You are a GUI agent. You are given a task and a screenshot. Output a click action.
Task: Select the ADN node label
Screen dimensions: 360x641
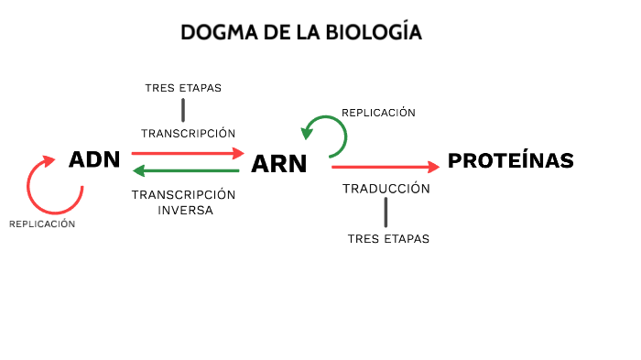pyautogui.click(x=94, y=159)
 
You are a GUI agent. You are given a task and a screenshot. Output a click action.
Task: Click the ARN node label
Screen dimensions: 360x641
pyautogui.click(x=278, y=164)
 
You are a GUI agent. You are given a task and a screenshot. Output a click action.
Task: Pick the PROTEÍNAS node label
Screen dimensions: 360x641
pyautogui.click(x=510, y=161)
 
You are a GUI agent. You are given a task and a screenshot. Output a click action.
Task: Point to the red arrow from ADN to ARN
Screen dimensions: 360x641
pyautogui.click(x=188, y=153)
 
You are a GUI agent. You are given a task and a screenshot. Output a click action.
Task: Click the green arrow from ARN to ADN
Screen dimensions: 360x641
pyautogui.click(x=187, y=170)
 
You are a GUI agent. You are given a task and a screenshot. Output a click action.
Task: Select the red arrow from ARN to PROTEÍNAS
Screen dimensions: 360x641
pyautogui.click(x=386, y=167)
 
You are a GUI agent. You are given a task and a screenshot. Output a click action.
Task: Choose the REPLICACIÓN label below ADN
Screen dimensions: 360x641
pyautogui.click(x=42, y=224)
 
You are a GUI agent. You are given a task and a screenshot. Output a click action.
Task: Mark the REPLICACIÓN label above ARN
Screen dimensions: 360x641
pyautogui.click(x=378, y=113)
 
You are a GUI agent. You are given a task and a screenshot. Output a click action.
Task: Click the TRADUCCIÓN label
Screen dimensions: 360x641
pyautogui.click(x=386, y=188)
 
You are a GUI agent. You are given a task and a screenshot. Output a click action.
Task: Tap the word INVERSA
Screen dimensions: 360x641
pyautogui.click(x=185, y=210)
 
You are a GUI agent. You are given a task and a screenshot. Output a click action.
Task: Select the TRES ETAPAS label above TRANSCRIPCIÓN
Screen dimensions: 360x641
pyautogui.click(x=183, y=88)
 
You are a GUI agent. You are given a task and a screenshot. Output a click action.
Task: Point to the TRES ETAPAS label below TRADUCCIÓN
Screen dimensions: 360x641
pyautogui.click(x=388, y=239)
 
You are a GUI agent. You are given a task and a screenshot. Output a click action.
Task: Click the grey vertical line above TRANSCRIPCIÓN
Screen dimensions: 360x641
pyautogui.click(x=183, y=110)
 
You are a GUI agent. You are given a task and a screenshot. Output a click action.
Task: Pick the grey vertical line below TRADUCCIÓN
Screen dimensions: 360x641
pyautogui.click(x=386, y=213)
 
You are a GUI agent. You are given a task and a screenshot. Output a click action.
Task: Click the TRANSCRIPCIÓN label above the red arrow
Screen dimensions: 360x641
pyautogui.click(x=188, y=133)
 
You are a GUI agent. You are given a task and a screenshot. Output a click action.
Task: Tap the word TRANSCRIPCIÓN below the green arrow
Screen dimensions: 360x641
pyautogui.click(x=183, y=194)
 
